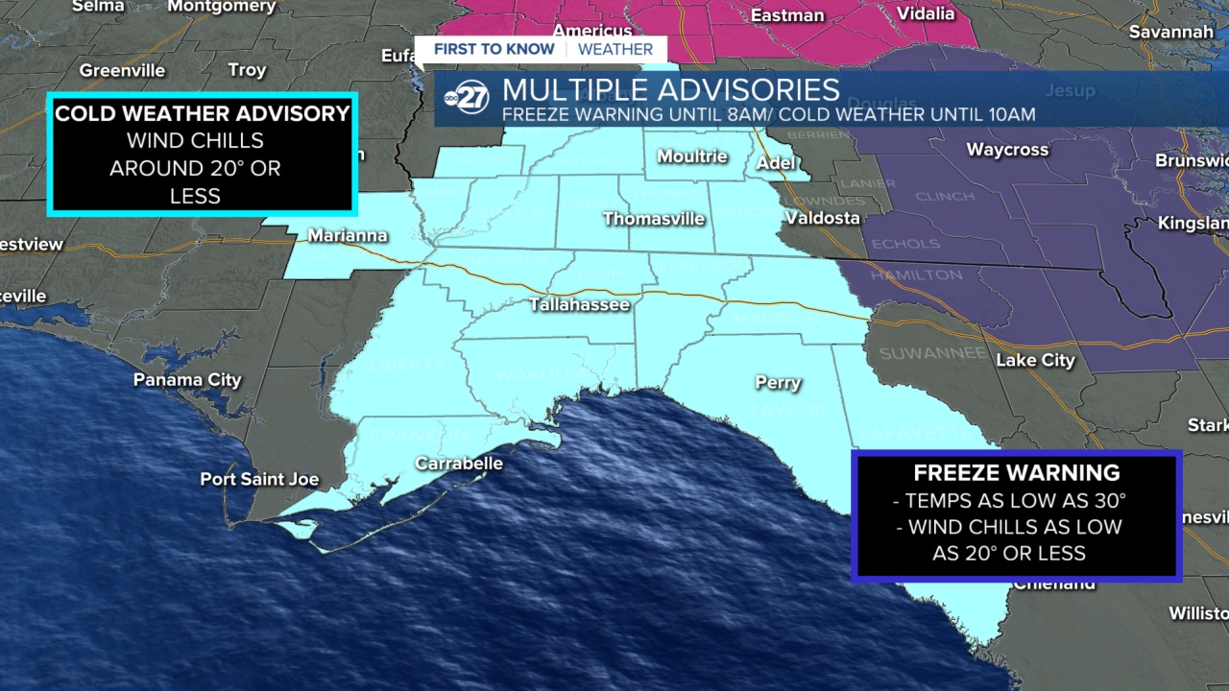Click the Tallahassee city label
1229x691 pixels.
pyautogui.click(x=580, y=304)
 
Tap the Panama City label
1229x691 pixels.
pyautogui.click(x=187, y=380)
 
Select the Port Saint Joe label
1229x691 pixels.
pyautogui.click(x=259, y=479)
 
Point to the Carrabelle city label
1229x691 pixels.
pyautogui.click(x=459, y=464)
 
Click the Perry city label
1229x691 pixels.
pyautogui.click(x=778, y=383)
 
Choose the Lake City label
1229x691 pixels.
pyautogui.click(x=1035, y=361)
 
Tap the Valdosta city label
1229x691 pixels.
pyautogui.click(x=822, y=218)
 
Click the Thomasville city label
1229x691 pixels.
pyautogui.click(x=654, y=219)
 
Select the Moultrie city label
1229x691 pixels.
pyautogui.click(x=692, y=155)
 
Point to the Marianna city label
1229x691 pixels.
pyautogui.click(x=348, y=235)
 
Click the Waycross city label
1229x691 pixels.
pyautogui.click(x=1007, y=150)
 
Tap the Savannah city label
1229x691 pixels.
pyautogui.click(x=1170, y=33)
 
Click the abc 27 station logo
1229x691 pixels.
pyautogui.click(x=467, y=98)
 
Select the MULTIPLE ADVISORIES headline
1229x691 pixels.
pyautogui.click(x=671, y=90)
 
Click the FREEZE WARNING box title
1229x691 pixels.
pyautogui.click(x=1016, y=472)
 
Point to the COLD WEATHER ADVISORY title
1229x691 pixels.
pyautogui.click(x=203, y=113)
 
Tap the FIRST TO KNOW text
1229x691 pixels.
pyautogui.click(x=494, y=49)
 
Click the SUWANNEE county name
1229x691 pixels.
pyautogui.click(x=932, y=353)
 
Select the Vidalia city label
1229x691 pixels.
pyautogui.click(x=926, y=13)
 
